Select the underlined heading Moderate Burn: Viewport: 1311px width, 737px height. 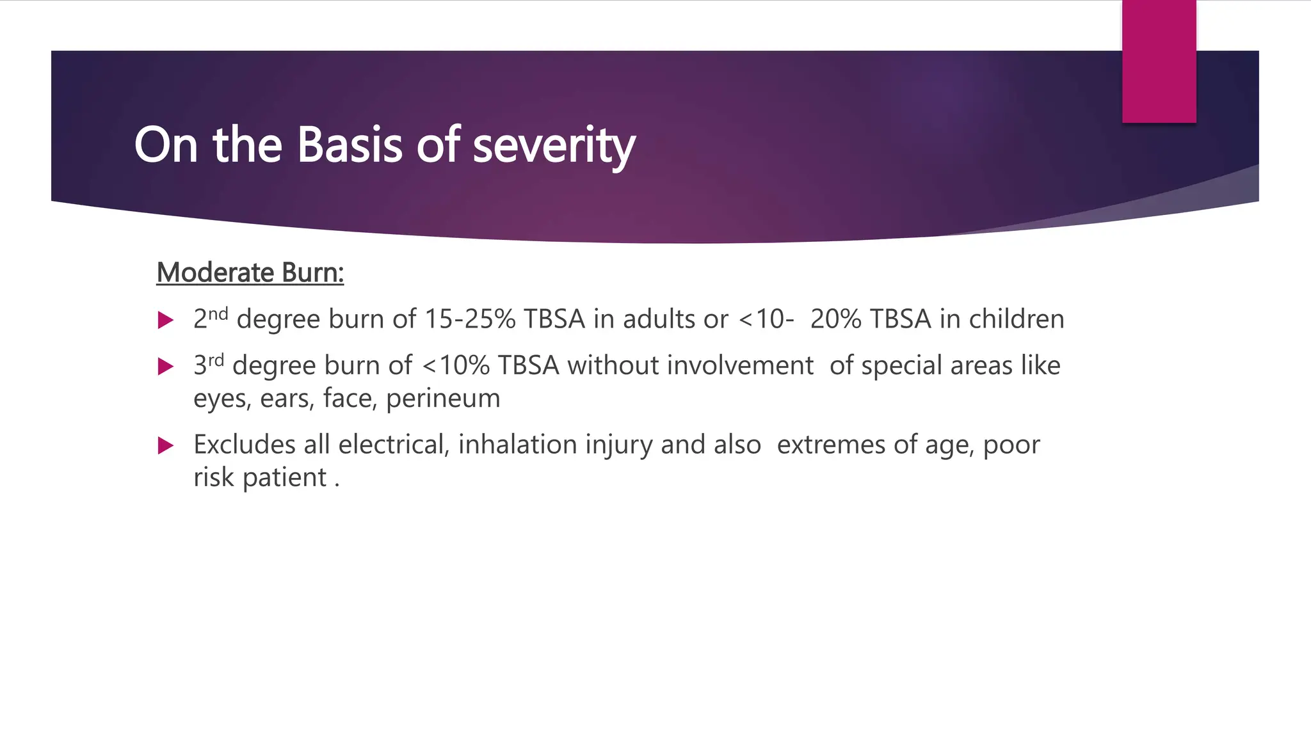click(250, 273)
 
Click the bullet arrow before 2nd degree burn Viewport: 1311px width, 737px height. click(166, 320)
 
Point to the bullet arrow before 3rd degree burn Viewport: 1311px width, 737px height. click(166, 367)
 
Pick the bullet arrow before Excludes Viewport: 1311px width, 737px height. click(166, 445)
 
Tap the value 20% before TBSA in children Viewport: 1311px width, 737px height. click(835, 319)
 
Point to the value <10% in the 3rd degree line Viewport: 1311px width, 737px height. click(456, 366)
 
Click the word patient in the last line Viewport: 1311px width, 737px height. click(284, 477)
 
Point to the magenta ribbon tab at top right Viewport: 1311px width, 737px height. click(1159, 61)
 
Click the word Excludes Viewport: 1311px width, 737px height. click(244, 445)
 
